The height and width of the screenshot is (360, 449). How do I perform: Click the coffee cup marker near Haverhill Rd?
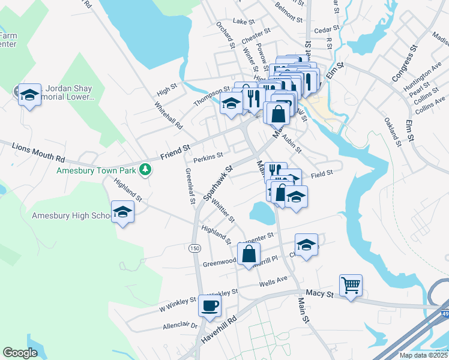click(x=209, y=305)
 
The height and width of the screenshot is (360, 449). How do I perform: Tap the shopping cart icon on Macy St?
click(x=351, y=284)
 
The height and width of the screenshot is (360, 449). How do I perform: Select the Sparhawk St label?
click(x=217, y=183)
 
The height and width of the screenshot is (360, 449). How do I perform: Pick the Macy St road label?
click(x=319, y=293)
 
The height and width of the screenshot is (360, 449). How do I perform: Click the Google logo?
click(x=20, y=353)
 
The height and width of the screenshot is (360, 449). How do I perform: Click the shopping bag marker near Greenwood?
click(x=249, y=253)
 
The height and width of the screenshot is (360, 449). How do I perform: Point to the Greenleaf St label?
click(x=190, y=186)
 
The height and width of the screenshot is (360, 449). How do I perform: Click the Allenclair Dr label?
click(x=180, y=326)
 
